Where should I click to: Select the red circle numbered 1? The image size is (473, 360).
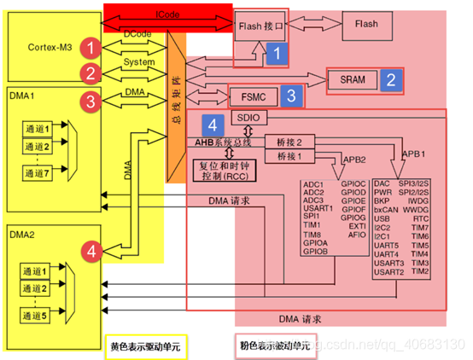pyautogui.click(x=91, y=44)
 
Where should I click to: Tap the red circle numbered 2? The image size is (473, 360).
pyautogui.click(x=91, y=72)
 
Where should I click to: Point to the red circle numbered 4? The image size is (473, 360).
pyautogui.click(x=91, y=251)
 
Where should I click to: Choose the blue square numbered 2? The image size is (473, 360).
pyautogui.click(x=391, y=80)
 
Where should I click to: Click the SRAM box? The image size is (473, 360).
pyautogui.click(x=353, y=80)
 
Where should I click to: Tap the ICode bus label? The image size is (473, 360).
pyautogui.click(x=167, y=15)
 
